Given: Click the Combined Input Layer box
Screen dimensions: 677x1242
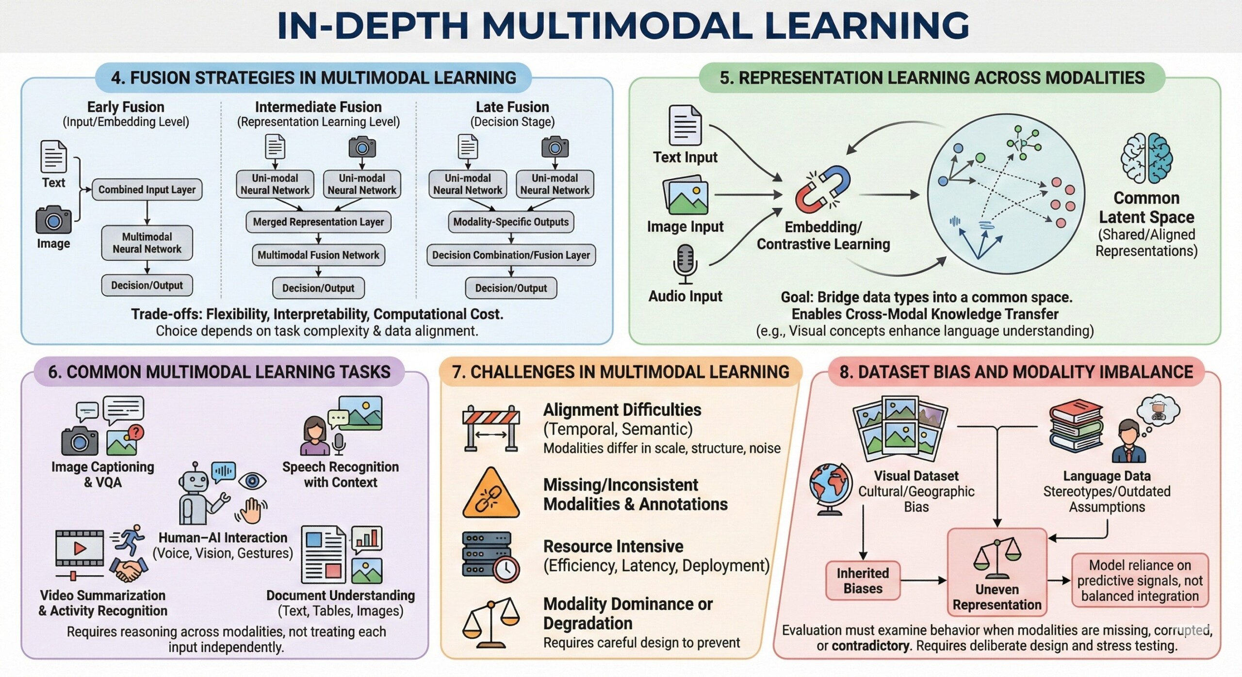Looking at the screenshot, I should pos(147,190).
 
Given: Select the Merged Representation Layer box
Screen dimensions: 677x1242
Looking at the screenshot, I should pos(318,222).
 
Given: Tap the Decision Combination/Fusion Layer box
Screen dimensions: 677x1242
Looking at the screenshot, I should pos(511,255).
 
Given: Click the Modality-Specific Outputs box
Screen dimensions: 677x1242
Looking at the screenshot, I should pos(511,222).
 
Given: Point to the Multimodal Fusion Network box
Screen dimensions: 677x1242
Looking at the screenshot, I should pos(318,255).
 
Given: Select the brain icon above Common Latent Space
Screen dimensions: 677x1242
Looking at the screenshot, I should pos(1146,158).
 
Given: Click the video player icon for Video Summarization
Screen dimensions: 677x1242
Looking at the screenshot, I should pos(80,548).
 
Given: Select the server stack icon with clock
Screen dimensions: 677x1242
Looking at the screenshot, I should pos(490,556).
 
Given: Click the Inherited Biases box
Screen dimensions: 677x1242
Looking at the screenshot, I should pos(863,580).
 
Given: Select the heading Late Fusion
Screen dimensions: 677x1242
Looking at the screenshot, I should pos(512,107).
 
